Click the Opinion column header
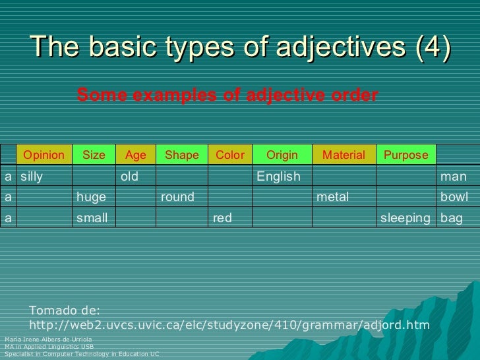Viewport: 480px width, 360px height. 44,155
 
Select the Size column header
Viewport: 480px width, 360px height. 94,155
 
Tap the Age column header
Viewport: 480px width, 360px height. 135,155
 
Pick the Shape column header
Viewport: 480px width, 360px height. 181,155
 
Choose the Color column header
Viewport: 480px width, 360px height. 229,155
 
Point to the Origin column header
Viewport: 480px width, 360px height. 282,155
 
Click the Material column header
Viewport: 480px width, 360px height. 343,155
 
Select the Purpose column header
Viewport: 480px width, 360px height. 405,155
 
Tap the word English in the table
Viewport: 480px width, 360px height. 278,177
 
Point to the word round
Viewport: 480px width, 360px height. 177,197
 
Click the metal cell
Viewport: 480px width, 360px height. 333,197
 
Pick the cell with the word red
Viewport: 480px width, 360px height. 222,218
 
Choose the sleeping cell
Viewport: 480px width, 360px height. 405,218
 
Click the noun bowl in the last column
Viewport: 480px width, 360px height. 454,197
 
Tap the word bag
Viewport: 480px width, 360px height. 452,218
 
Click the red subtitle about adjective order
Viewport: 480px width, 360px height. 227,96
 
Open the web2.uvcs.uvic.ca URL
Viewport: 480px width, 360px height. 229,325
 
